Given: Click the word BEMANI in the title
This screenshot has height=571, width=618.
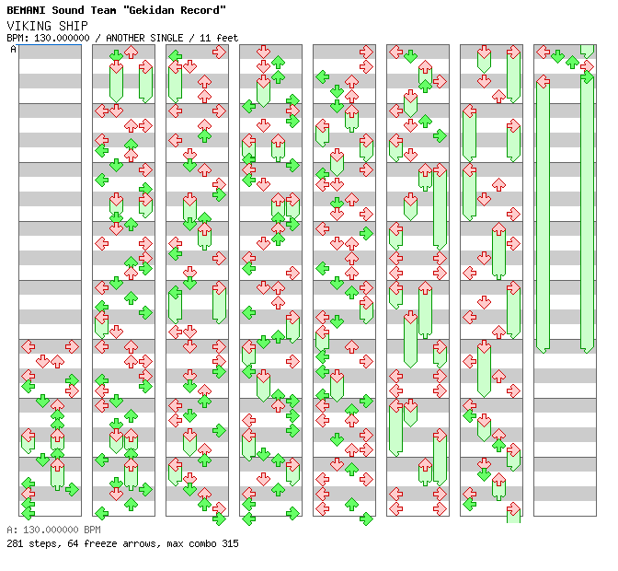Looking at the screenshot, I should coord(26,10).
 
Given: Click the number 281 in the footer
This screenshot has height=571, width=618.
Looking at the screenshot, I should coord(15,543).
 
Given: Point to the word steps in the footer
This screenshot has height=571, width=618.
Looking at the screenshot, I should coord(42,543).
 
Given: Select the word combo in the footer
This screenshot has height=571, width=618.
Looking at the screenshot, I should coord(201,543).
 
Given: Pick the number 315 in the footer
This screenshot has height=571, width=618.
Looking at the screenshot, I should coord(230,543).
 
